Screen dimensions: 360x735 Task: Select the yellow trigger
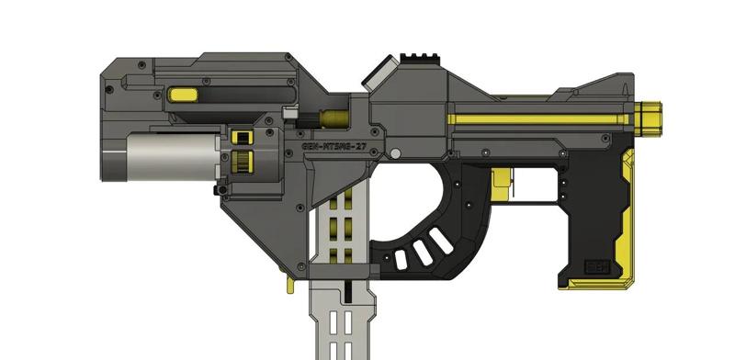click(503, 182)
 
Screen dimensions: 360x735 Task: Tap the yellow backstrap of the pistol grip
click(625, 220)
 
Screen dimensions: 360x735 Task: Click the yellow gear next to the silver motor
click(243, 163)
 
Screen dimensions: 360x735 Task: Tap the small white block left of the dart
click(289, 115)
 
